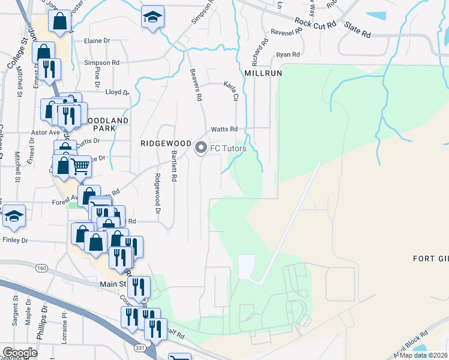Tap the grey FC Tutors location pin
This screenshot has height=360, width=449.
(202, 147)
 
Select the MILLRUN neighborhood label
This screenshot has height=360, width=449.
(264, 73)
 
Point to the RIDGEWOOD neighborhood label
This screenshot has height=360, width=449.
(166, 144)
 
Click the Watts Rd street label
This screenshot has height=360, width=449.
(224, 129)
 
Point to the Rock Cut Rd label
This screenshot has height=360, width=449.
(315, 24)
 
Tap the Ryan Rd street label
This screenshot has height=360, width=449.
(288, 55)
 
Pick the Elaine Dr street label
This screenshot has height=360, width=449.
(98, 41)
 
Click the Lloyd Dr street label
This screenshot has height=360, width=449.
(117, 92)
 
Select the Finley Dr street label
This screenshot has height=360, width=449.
(16, 240)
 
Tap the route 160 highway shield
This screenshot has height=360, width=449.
(41, 268)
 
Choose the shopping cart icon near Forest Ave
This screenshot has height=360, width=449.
(80, 166)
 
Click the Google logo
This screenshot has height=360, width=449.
(20, 353)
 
